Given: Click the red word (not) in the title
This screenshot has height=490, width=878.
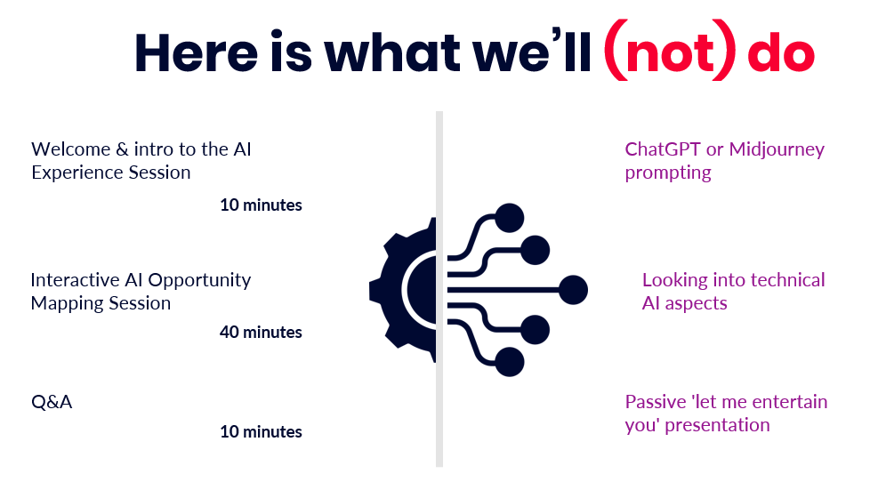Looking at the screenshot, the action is [670, 51].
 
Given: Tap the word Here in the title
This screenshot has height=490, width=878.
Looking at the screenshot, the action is [196, 52].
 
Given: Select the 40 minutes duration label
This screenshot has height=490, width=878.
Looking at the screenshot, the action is [261, 332].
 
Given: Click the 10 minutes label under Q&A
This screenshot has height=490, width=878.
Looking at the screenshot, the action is [261, 432].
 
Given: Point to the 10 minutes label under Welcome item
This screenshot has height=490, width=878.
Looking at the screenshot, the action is [261, 205].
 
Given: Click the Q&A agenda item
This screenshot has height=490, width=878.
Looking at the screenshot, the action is [52, 402].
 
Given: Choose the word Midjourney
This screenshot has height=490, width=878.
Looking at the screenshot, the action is [777, 150].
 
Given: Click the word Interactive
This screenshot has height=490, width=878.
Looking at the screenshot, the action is [75, 280].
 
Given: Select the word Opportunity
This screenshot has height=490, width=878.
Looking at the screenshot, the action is [199, 281].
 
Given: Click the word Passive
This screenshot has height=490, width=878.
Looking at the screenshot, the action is [656, 402].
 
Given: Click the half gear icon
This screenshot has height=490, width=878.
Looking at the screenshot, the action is [403, 290].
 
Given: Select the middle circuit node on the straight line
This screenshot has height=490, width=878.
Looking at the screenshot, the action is [574, 290].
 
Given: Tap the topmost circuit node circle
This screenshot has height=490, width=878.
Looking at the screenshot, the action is [510, 218].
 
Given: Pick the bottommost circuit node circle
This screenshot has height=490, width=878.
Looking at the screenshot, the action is [510, 362].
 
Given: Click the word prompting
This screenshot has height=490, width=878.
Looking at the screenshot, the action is [668, 173].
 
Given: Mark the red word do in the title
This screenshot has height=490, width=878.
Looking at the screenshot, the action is [781, 52].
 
